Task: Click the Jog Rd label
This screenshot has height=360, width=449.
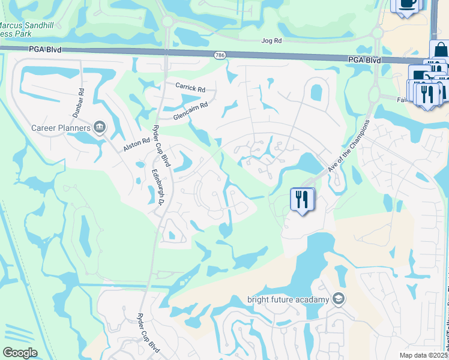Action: (272, 41)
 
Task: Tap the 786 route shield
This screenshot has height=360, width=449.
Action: (220, 55)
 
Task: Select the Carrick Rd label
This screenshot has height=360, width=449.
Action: (190, 88)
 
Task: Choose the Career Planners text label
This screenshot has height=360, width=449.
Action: (61, 127)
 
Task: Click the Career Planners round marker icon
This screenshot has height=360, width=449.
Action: (100, 126)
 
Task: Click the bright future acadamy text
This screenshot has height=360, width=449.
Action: (289, 299)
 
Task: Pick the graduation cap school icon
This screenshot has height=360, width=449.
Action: (339, 299)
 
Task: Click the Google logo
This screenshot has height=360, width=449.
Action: (20, 353)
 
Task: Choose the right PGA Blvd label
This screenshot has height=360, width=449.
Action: (365, 60)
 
